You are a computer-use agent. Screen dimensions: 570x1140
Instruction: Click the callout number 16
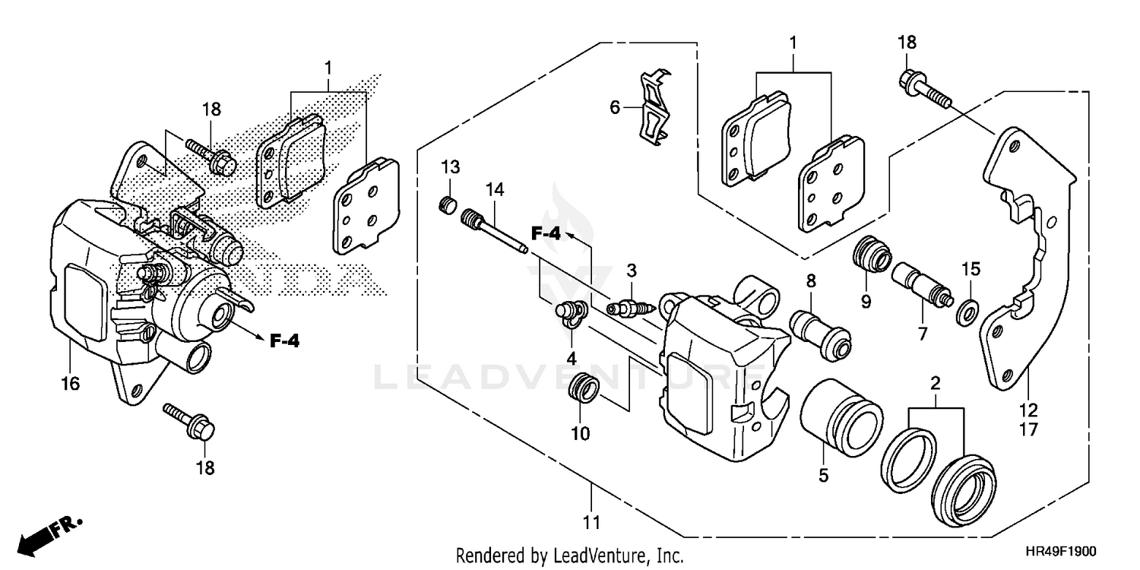pyautogui.click(x=70, y=385)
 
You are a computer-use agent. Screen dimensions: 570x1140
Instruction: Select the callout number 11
pyautogui.click(x=591, y=522)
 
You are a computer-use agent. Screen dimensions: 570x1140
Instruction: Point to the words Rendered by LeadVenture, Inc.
pyautogui.click(x=569, y=555)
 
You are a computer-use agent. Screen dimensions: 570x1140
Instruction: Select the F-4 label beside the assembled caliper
pyautogui.click(x=285, y=341)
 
